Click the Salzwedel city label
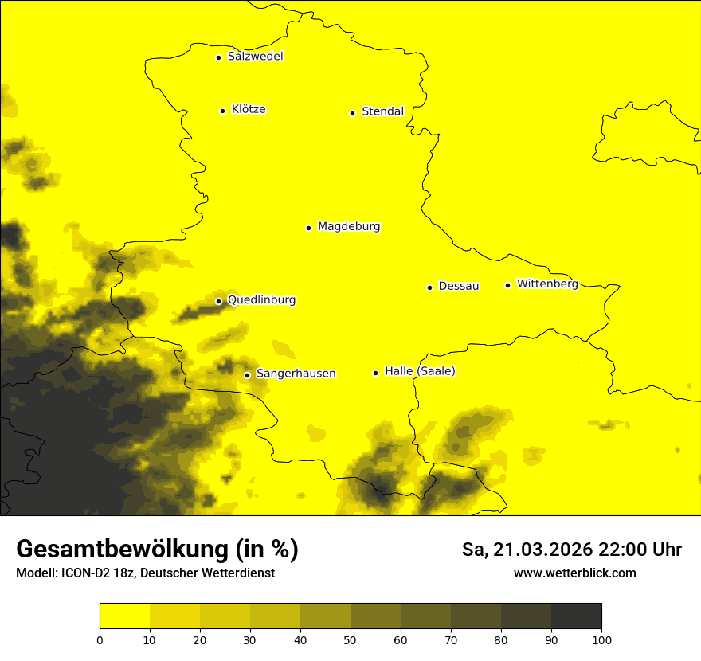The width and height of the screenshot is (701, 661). coord(255,57)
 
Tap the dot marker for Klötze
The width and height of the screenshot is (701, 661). coord(223,111)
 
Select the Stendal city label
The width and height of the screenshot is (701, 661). coord(382,111)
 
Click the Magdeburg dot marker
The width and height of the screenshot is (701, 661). coord(308,228)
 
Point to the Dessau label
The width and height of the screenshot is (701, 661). coord(459,286)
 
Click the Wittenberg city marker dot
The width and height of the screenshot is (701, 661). coord(507,285)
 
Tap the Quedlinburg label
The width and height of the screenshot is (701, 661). coord(261,300)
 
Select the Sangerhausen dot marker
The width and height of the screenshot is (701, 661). coord(247,375)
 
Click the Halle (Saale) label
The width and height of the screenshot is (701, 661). coord(420,371)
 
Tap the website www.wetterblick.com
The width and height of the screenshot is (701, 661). coord(575,573)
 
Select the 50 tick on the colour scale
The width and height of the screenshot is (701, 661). coord(350,639)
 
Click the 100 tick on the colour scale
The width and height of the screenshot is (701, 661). coord(601,639)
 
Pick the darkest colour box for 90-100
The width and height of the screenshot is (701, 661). coord(576,616)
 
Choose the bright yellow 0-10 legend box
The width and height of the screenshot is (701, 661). coord(124,616)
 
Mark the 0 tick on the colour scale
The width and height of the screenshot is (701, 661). coord(100,639)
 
